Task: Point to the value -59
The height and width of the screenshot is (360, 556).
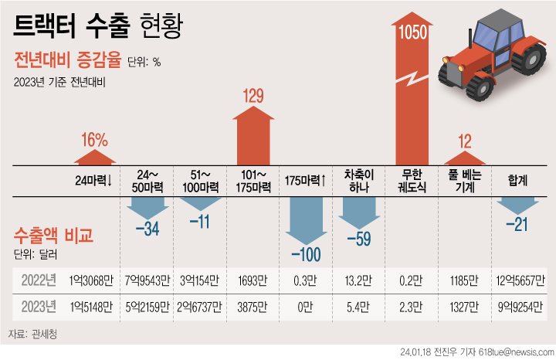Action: point(359,239)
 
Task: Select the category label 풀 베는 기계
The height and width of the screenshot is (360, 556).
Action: point(465,181)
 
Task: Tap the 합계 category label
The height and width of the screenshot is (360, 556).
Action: point(517,181)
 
